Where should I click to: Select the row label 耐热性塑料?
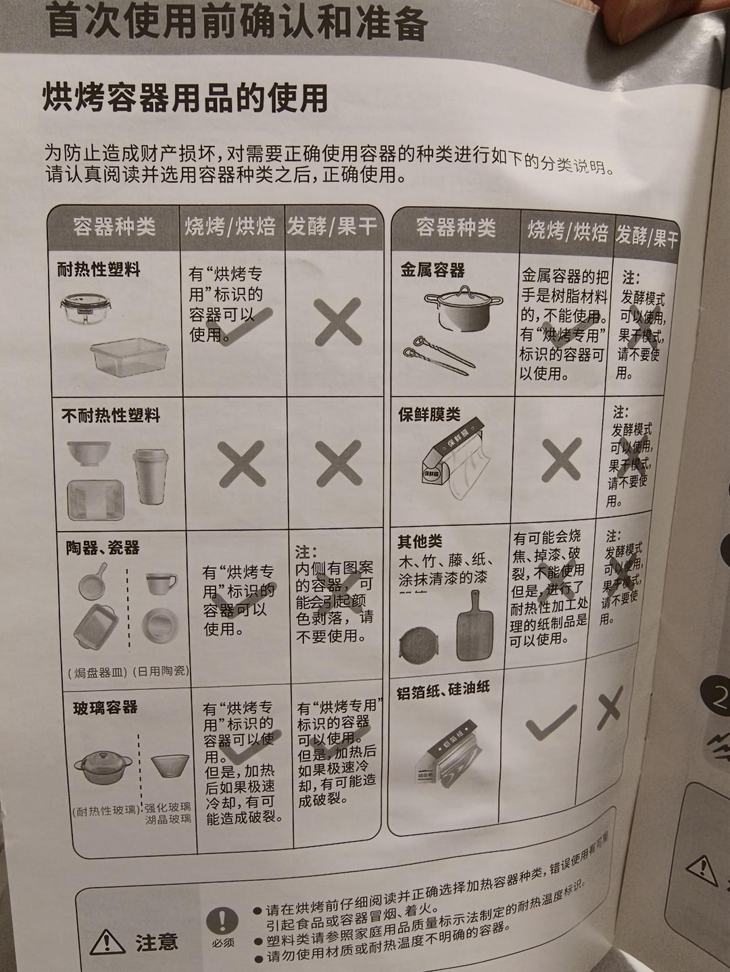click(x=99, y=270)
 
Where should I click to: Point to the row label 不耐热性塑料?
click(x=110, y=415)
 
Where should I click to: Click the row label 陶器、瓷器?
click(x=103, y=547)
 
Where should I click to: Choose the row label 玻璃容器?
click(x=105, y=707)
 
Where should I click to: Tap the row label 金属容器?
click(x=433, y=270)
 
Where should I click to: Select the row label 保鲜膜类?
click(x=429, y=414)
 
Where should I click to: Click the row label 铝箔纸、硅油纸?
click(x=443, y=690)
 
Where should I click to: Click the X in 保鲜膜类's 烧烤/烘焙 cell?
click(x=561, y=459)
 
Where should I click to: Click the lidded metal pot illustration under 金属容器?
click(x=464, y=307)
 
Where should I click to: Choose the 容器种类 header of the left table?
click(x=114, y=226)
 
